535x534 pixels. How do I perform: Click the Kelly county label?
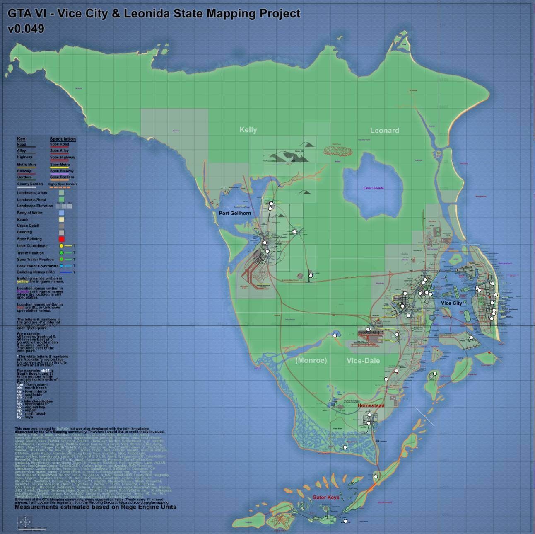pos(248,130)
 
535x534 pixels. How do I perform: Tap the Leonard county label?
pos(384,131)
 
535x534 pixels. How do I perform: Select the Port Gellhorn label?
pos(235,213)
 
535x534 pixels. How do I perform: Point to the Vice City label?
pos(451,303)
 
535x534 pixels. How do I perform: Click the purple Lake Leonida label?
pos(374,188)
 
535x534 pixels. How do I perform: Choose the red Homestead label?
pos(371,405)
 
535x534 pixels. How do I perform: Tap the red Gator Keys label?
pos(325,497)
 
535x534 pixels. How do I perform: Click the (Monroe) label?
pos(311,361)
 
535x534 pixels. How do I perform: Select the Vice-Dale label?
pos(363,361)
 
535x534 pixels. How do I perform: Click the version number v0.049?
pos(26,29)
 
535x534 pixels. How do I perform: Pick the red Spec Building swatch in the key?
pos(61,239)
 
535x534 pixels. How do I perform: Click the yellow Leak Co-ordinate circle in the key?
pos(61,246)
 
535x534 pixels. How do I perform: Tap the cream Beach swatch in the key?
pos(61,219)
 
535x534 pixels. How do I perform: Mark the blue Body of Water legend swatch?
pos(61,213)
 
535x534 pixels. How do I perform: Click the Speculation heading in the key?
pos(63,139)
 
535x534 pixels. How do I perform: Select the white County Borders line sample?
pos(26,187)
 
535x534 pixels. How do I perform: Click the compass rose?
pos(25,520)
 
